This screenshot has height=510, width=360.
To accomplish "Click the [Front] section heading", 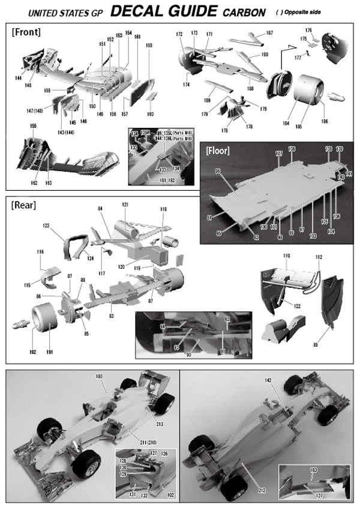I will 26,32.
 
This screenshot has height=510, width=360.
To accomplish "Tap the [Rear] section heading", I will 23,205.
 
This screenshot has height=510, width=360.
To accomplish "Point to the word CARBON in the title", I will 242,12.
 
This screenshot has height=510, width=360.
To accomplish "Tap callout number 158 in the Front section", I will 149,46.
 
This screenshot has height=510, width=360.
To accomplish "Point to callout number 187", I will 269,33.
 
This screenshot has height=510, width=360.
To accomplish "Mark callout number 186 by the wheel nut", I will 325,122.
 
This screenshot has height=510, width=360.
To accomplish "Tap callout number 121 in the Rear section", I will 125,205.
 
